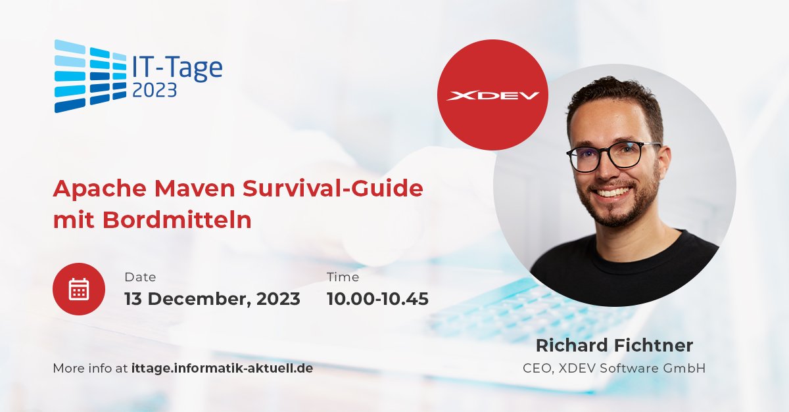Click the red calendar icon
click(79, 289)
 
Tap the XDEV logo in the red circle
click(492, 95)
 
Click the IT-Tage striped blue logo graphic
click(89, 76)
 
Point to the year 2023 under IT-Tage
click(155, 90)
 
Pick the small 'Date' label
click(140, 277)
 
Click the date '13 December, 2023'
click(212, 299)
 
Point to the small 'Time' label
click(343, 277)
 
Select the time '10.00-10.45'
click(377, 299)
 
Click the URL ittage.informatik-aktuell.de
click(222, 368)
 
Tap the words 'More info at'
click(89, 368)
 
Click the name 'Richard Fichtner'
click(614, 346)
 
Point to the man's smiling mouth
click(613, 193)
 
